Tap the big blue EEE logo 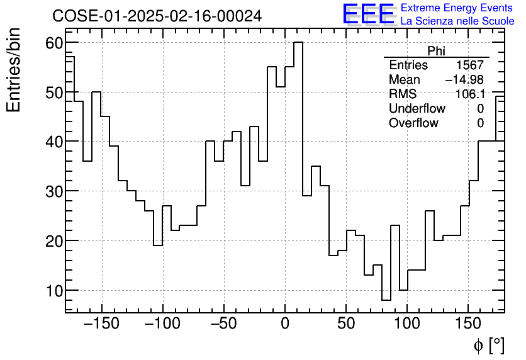pyautogui.click(x=368, y=14)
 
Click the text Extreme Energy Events pyautogui.click(x=457, y=8)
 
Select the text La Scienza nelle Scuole pyautogui.click(x=457, y=21)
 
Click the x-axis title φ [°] pyautogui.click(x=488, y=345)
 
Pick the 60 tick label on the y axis pyautogui.click(x=53, y=43)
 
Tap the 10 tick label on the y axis pyautogui.click(x=53, y=291)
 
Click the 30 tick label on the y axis pyautogui.click(x=53, y=191)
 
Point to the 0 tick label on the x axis pyautogui.click(x=285, y=324)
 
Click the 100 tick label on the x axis pyautogui.click(x=407, y=324)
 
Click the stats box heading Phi pyautogui.click(x=436, y=51)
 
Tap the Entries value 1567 pyautogui.click(x=470, y=65)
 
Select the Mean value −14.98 pyautogui.click(x=464, y=80)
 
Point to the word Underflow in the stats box pyautogui.click(x=417, y=109)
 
